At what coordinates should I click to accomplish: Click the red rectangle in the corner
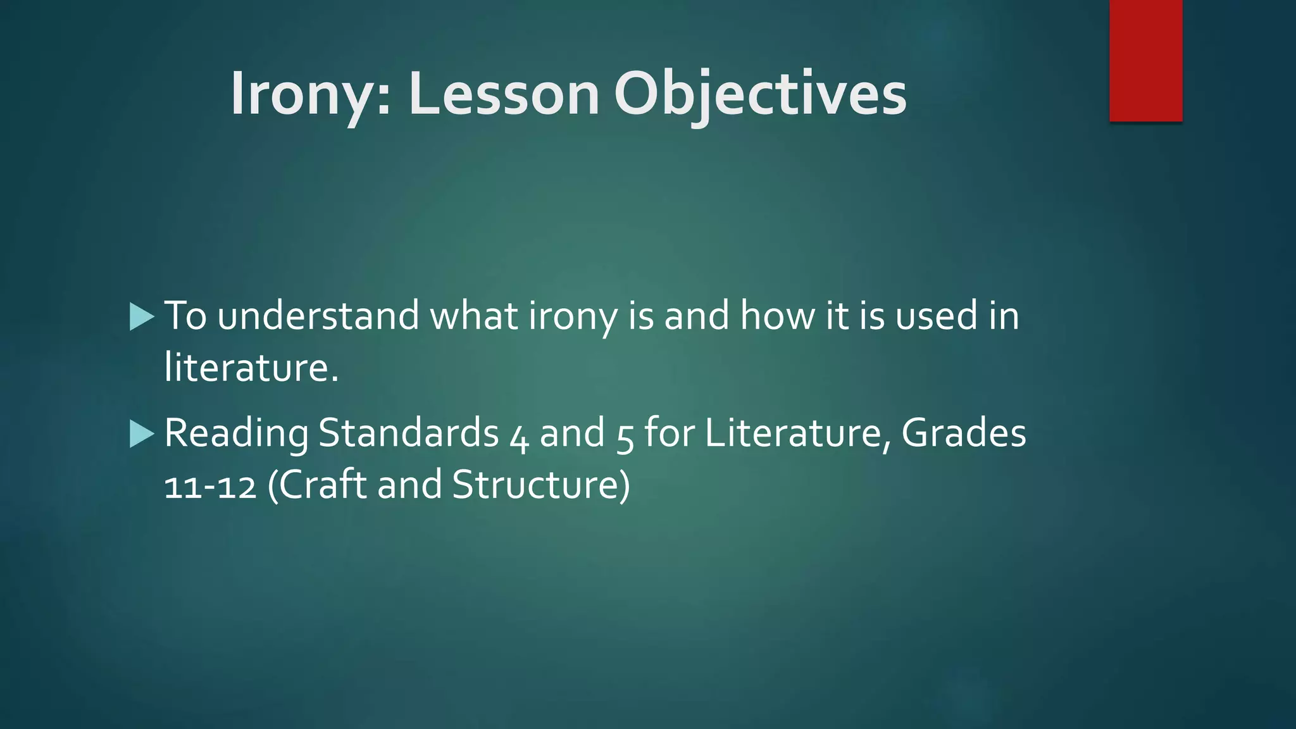point(1145,60)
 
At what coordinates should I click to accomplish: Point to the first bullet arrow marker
point(142,316)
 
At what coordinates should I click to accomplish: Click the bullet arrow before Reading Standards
point(142,434)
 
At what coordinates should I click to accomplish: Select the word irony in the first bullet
point(572,316)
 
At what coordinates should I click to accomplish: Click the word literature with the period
point(251,367)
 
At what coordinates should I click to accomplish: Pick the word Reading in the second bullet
point(236,434)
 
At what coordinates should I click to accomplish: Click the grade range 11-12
point(210,486)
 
